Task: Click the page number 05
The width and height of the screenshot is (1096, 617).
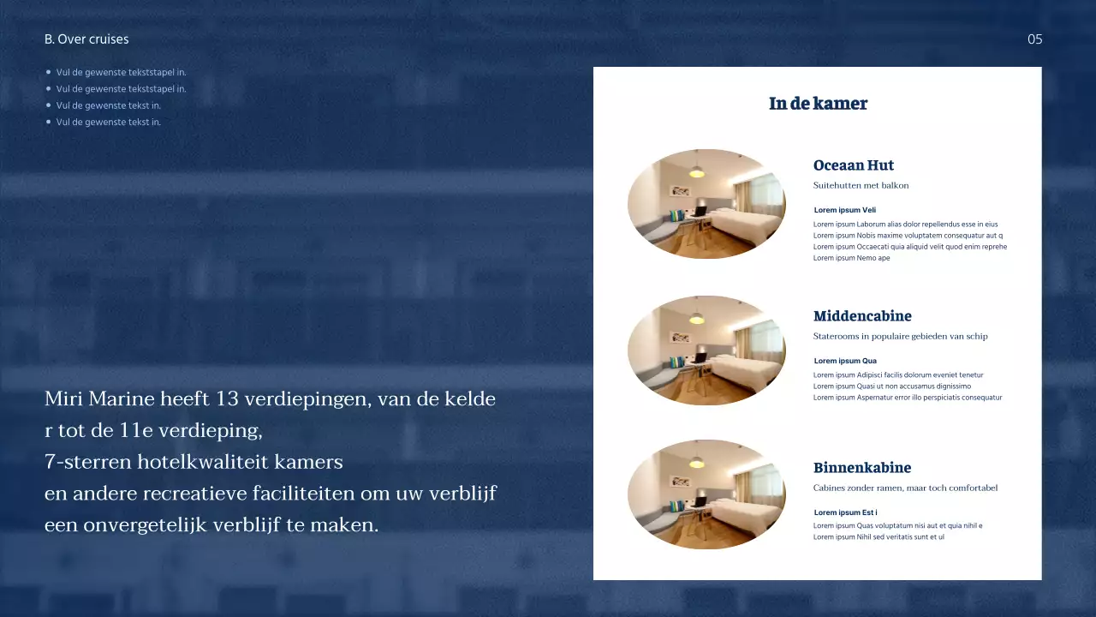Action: click(1034, 39)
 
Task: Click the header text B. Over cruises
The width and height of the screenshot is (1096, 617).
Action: click(86, 39)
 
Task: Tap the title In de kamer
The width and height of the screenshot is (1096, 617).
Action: click(818, 104)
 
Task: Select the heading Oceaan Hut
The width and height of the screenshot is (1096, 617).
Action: click(853, 165)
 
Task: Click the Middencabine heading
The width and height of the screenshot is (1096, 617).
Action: click(862, 316)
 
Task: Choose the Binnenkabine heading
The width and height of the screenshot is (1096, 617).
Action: click(861, 468)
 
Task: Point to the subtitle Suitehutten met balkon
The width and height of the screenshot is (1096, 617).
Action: click(861, 185)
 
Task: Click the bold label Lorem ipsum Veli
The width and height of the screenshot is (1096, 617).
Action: click(844, 210)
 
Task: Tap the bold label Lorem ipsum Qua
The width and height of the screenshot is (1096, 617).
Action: click(844, 361)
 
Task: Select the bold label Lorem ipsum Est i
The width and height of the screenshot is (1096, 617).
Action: click(845, 512)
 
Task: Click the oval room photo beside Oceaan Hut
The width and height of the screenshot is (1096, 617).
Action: click(706, 204)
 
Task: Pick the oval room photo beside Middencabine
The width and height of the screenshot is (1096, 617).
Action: click(706, 350)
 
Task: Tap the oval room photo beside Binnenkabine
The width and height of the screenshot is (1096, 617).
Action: click(706, 494)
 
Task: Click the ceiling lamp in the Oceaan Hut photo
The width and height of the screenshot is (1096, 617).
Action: click(697, 171)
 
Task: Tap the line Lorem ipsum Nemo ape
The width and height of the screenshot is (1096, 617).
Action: click(851, 258)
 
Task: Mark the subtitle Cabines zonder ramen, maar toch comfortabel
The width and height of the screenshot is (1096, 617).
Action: click(905, 488)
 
